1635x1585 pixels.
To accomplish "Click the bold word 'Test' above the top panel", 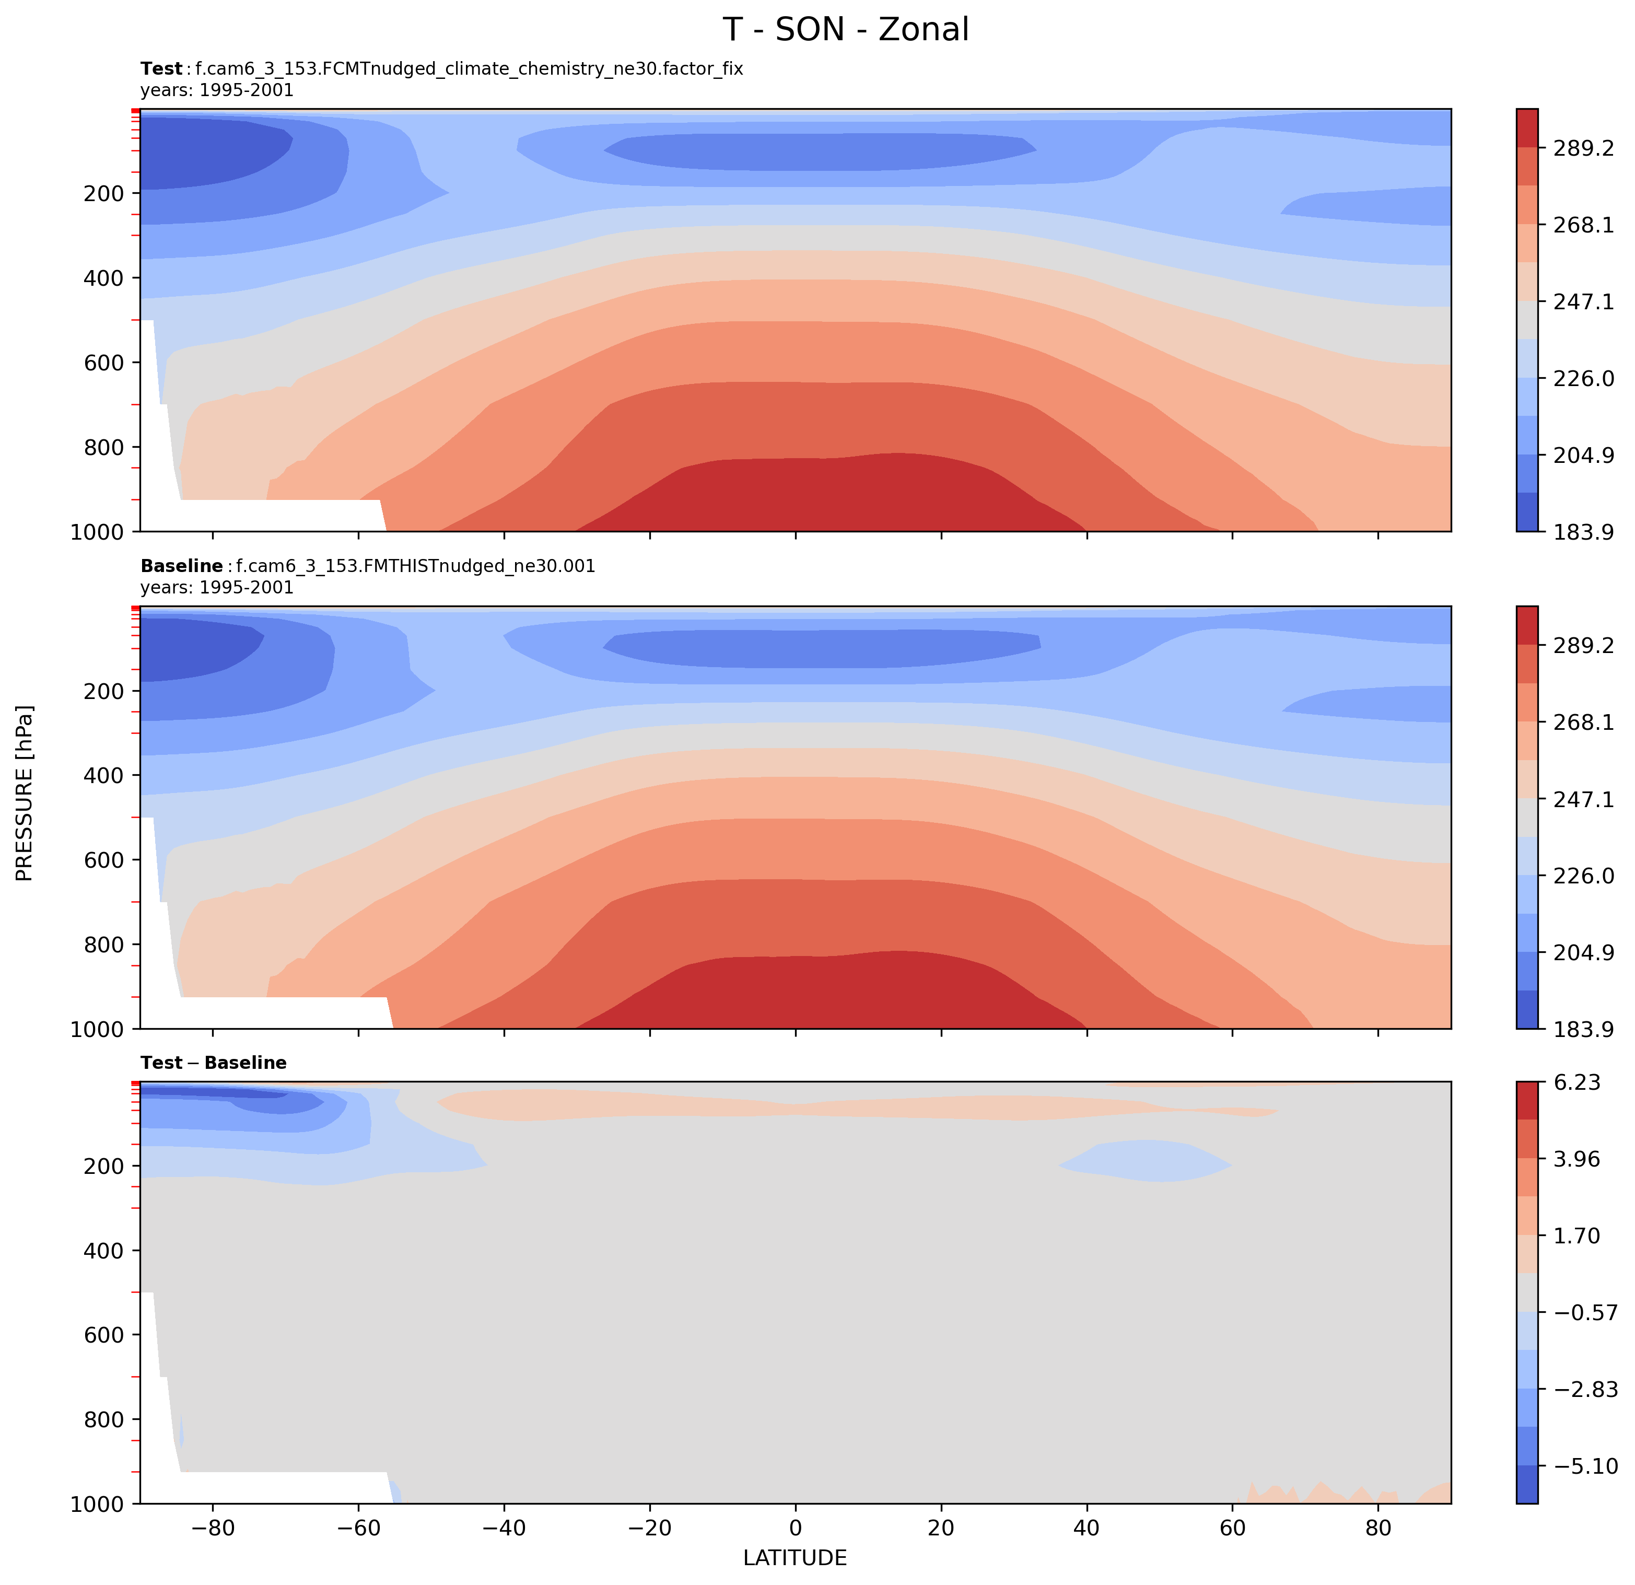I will (x=161, y=69).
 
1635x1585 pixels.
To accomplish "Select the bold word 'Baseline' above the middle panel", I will (x=181, y=566).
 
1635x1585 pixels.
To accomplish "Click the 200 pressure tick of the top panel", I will (x=103, y=193).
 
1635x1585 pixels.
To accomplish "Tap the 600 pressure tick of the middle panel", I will (x=103, y=860).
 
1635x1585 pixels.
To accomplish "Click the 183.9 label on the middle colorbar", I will (x=1582, y=1029).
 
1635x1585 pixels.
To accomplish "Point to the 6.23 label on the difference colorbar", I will (x=1576, y=1083).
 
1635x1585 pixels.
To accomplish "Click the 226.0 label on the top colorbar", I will (x=1582, y=378).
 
